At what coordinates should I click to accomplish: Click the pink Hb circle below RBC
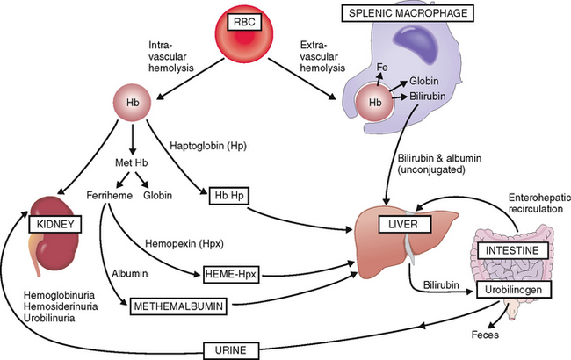coord(128,103)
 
